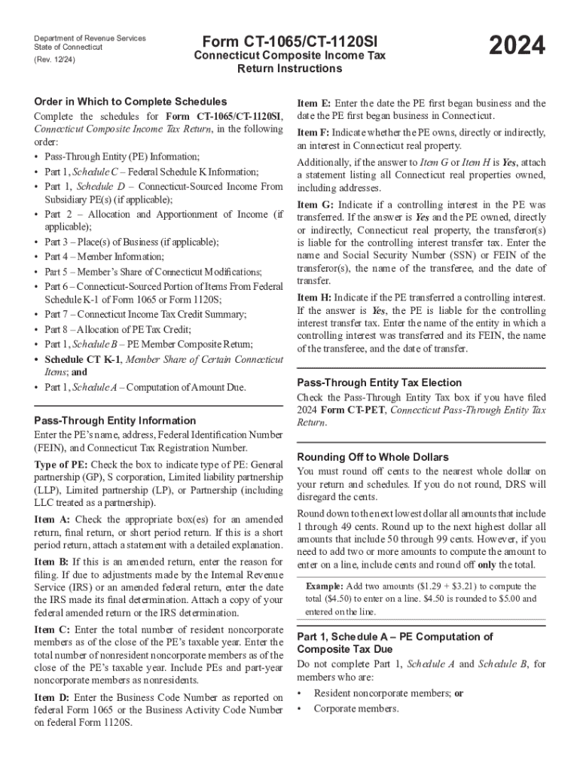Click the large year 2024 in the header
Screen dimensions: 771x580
point(517,47)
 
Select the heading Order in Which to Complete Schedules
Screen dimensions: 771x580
point(130,102)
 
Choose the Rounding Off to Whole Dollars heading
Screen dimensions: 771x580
point(373,457)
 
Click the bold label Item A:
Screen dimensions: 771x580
point(53,519)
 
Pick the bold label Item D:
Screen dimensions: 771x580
point(53,697)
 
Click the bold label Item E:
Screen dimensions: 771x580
point(314,103)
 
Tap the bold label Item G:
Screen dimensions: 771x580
point(315,204)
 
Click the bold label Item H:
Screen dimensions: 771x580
point(315,297)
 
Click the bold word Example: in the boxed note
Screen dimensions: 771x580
point(325,586)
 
